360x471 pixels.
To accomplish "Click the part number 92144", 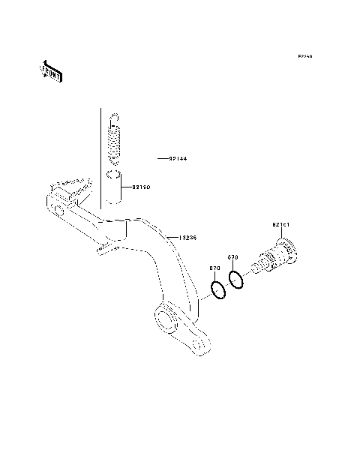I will (177, 159).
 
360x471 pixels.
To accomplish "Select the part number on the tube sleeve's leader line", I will (142, 187).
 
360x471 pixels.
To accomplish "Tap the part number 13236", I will (187, 238).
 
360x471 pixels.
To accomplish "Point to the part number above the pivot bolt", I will (280, 224).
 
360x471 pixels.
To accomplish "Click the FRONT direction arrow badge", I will (50, 70).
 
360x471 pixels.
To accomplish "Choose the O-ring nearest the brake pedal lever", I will (218, 289).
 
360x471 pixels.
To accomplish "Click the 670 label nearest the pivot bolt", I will (232, 257).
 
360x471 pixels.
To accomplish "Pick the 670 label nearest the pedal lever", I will (214, 268).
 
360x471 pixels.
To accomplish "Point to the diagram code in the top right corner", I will (304, 56).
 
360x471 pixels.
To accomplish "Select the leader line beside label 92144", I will (162, 159).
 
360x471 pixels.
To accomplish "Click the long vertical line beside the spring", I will (100, 157).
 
